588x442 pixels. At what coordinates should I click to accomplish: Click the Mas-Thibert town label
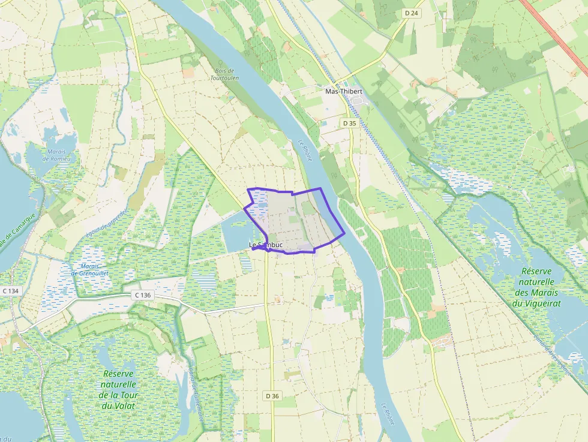pos(343,91)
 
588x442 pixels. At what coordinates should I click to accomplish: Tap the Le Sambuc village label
pos(266,245)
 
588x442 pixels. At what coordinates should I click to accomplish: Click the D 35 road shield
pos(349,122)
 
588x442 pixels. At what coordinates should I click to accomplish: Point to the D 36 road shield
pos(272,396)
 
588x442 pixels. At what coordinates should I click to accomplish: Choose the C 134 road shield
pos(10,291)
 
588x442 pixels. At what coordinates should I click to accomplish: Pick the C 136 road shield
pos(143,295)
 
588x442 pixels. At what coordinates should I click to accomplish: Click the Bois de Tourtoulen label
pos(224,74)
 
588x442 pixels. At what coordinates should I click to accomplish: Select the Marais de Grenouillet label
pos(91,270)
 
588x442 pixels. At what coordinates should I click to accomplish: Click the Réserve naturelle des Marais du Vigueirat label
pos(536,287)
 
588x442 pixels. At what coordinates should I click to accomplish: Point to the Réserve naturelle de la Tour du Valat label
pos(119,389)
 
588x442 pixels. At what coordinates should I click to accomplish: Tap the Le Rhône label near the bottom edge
pos(388,413)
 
